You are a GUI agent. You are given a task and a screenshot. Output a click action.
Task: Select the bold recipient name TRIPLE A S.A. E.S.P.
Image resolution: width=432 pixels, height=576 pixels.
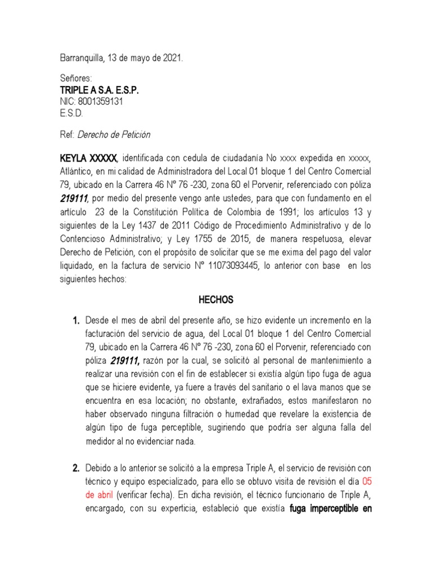(99, 91)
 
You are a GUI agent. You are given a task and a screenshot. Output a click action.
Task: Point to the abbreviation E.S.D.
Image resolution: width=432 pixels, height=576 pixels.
(71, 113)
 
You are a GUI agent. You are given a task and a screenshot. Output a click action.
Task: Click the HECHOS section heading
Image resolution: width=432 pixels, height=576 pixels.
(215, 300)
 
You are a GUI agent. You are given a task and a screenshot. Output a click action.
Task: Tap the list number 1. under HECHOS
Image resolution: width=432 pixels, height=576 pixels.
(75, 321)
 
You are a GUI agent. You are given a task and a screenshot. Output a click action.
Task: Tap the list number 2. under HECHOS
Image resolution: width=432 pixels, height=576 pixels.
(75, 468)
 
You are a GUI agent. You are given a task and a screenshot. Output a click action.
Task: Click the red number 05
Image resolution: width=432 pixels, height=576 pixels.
(366, 481)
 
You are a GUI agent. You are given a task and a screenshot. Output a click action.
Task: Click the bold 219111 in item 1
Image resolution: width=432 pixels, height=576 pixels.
(127, 360)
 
